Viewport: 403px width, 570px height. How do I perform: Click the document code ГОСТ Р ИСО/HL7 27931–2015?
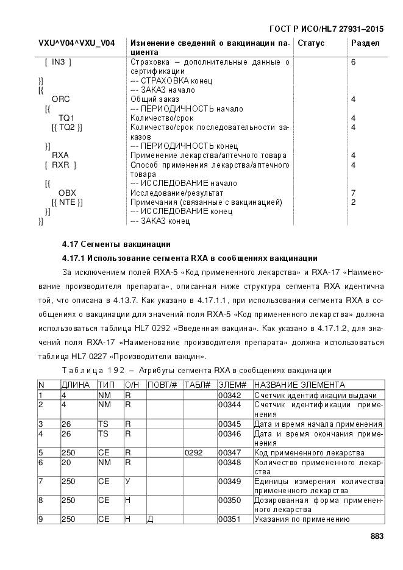coord(326,29)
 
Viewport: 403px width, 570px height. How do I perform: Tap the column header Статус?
coord(311,43)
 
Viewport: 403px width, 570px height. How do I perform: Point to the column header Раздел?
coord(365,43)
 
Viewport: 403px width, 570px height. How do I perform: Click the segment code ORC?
coord(60,99)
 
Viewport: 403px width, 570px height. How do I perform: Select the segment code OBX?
coord(67,193)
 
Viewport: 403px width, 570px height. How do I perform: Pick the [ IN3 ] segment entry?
coord(59,62)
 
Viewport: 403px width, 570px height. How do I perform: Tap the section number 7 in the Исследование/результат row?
coord(353,193)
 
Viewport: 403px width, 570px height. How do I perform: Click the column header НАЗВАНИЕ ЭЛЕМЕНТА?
coord(299,385)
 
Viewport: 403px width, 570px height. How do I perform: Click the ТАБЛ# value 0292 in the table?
coord(193,453)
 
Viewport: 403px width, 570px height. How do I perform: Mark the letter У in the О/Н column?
coord(128,482)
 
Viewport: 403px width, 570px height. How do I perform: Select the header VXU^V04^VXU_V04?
coord(76,43)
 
